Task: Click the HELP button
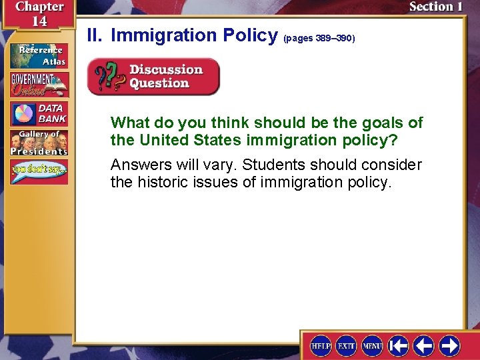(x=321, y=345)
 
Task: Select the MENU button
(x=372, y=345)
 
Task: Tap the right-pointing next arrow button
(x=449, y=345)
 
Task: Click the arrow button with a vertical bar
(x=398, y=345)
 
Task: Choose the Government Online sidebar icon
(x=38, y=84)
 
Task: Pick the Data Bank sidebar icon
(x=38, y=113)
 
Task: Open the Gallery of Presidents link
(x=38, y=143)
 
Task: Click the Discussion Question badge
(x=153, y=77)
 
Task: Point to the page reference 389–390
(x=319, y=39)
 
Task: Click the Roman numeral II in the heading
(x=95, y=35)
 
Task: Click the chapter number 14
(x=39, y=21)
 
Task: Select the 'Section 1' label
(x=435, y=7)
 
